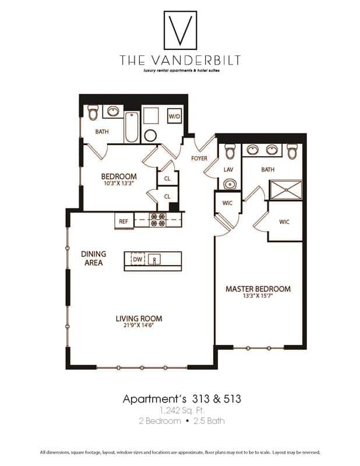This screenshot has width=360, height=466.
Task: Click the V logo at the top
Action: click(179, 30)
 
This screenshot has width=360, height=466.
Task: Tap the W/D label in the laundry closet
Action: click(175, 116)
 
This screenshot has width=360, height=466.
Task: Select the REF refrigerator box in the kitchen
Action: click(123, 221)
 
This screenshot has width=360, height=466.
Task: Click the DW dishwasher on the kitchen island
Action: click(137, 259)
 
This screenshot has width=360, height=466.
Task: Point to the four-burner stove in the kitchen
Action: click(158, 220)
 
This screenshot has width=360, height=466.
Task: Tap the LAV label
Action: click(228, 170)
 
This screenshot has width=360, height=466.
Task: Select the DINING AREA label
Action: click(93, 258)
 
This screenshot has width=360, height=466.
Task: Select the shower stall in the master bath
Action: click(285, 190)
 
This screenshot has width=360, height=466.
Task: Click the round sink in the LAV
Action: click(229, 185)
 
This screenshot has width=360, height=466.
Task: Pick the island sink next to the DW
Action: click(155, 259)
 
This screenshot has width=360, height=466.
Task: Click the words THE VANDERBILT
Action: click(179, 59)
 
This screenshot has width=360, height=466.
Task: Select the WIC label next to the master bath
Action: click(284, 222)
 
